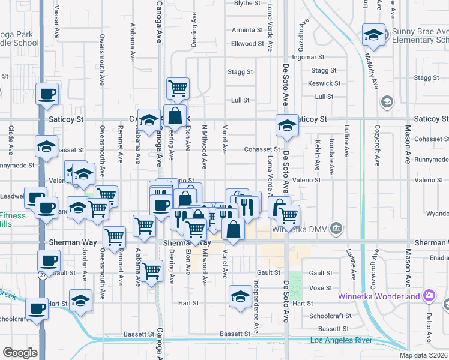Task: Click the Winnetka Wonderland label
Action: point(390,296)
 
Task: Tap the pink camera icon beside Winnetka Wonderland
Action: point(429,296)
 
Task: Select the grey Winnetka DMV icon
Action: point(336,228)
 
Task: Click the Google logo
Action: point(20,353)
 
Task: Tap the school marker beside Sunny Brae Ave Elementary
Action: point(373,35)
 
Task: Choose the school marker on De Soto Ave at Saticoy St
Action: point(287,125)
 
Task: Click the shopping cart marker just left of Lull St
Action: point(178,88)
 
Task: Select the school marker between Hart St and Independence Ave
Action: point(240,296)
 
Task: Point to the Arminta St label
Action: point(247,29)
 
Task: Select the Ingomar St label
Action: point(312,57)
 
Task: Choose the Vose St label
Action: point(321,288)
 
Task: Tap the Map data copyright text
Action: point(423,355)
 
